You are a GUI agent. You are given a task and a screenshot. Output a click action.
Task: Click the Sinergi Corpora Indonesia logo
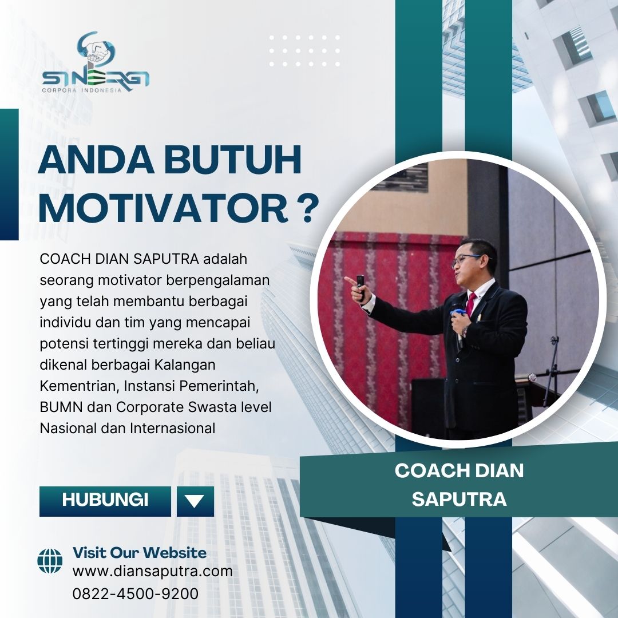(96, 62)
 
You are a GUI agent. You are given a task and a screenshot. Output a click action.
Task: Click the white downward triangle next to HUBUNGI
(195, 501)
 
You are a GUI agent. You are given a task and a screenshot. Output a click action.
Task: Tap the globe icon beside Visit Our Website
(50, 561)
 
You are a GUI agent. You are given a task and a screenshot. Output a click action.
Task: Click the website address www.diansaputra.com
(153, 572)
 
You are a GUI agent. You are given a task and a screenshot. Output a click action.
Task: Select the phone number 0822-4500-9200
(135, 593)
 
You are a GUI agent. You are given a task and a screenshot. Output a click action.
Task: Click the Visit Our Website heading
(140, 553)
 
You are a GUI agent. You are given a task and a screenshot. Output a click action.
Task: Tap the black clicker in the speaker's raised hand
(360, 286)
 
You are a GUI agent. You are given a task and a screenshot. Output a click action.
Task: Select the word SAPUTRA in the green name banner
(459, 499)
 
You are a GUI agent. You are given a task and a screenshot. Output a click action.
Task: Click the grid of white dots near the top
(304, 51)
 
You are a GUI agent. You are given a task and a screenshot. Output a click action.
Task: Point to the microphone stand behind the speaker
(552, 370)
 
